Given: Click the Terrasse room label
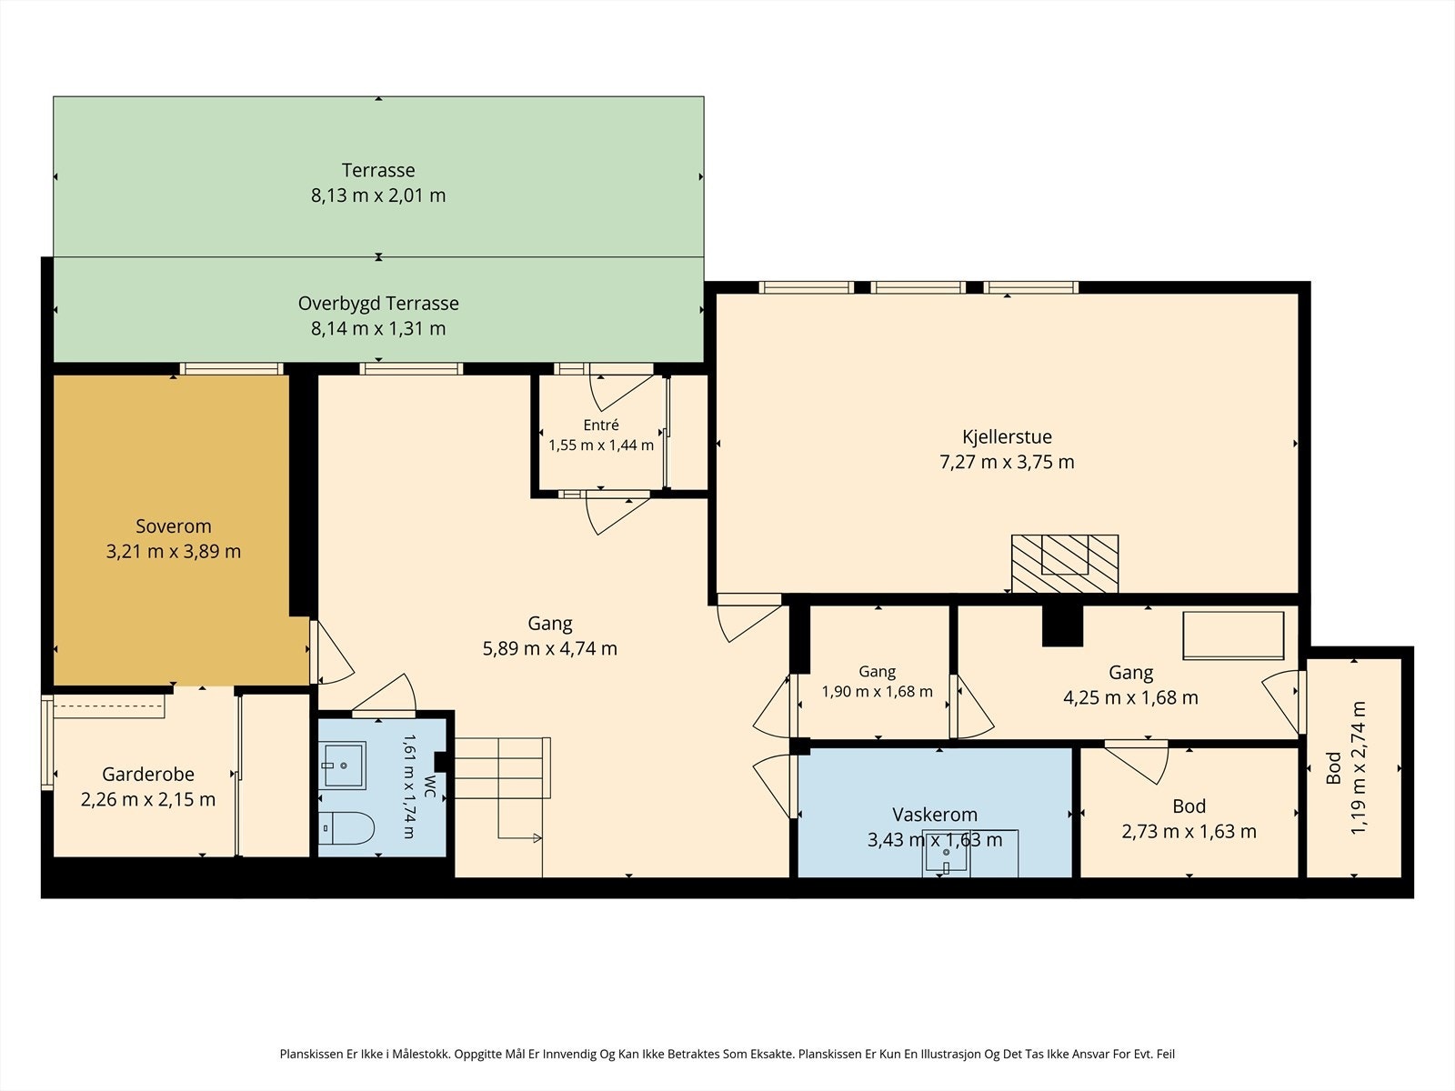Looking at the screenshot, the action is point(378,170).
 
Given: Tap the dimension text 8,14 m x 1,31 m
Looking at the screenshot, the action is point(378,328).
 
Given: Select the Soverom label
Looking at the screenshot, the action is point(174,526).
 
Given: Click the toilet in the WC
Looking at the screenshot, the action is point(346,827).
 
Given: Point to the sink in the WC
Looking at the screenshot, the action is point(342,766).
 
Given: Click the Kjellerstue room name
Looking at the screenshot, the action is point(1007,436).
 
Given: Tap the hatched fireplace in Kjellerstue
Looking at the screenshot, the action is point(1065,563).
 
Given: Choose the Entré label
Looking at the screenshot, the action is point(601,425).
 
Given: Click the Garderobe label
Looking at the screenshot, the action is point(148,774).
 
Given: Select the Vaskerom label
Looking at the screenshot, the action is point(935,814).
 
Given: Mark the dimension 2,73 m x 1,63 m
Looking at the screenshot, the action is point(1189,831).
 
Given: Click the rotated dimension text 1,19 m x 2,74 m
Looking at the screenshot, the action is point(1359,767).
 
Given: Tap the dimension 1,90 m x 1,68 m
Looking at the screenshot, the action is point(877,692).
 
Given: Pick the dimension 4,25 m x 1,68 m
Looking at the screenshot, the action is point(1131,697).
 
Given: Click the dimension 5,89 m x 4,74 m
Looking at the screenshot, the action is point(549,648).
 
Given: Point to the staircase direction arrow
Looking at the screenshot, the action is point(519,838).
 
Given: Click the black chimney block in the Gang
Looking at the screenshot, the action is point(1062,626).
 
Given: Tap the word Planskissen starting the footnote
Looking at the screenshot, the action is point(311,1054).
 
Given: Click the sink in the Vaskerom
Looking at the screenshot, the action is point(946,856).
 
